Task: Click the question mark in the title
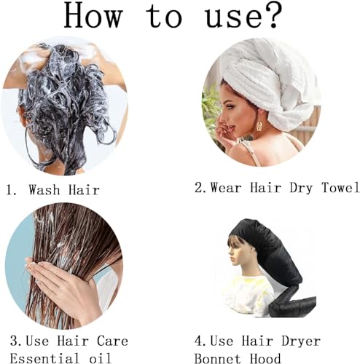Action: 287,16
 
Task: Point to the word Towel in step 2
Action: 337,188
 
